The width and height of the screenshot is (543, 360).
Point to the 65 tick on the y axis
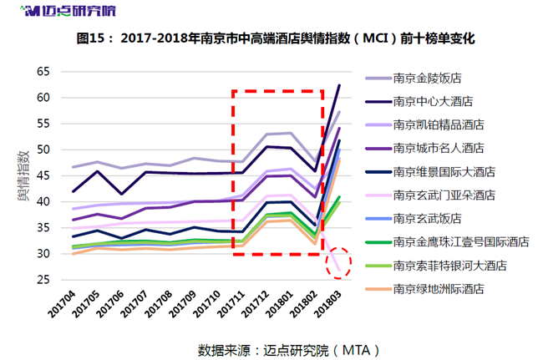43,72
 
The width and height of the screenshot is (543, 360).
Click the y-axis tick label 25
43,280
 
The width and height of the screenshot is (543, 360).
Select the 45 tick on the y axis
43,176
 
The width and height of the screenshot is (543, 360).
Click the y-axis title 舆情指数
23,175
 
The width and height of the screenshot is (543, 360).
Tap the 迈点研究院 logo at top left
68,11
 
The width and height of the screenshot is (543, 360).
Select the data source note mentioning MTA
289,350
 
